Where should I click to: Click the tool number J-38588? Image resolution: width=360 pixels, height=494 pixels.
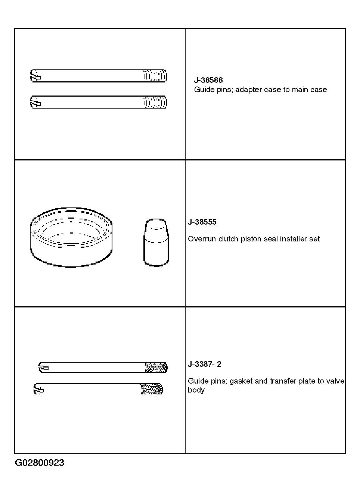point(208,80)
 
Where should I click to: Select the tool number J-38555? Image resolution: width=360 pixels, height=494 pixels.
point(202,222)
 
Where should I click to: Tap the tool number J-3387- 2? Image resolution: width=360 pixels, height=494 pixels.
point(204,364)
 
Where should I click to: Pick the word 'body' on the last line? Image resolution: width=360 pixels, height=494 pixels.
point(196,390)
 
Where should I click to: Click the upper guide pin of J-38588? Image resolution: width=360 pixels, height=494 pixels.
point(98,76)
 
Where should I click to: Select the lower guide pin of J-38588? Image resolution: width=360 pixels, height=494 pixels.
point(98,102)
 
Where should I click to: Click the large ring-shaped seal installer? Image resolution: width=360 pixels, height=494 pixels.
point(71,238)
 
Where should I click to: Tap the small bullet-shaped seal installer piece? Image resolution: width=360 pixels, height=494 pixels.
point(156,243)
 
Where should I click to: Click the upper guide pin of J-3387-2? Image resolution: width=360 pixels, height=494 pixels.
point(103,368)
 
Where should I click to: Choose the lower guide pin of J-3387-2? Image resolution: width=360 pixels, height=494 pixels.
point(98,389)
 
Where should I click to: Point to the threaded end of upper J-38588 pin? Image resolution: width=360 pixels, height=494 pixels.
point(155,76)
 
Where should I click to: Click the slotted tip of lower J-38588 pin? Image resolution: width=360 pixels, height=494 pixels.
point(35,102)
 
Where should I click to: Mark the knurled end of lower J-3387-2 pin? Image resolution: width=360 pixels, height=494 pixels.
point(152,389)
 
